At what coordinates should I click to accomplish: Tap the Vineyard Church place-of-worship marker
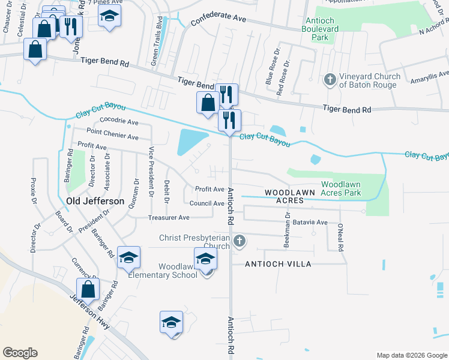[x=330, y=79]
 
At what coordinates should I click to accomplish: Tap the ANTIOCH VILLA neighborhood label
[x=278, y=264]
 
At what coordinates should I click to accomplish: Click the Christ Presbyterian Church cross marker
[x=240, y=242]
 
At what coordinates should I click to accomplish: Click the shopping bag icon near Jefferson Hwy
[x=88, y=289]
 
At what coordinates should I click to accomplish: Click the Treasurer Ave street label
[x=169, y=217]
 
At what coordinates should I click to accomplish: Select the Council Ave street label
[x=209, y=203]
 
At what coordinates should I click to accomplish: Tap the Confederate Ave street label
[x=218, y=20]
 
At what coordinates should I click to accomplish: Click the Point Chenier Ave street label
[x=112, y=131]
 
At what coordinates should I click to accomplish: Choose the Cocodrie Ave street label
[x=119, y=121]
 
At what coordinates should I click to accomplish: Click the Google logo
[x=20, y=353]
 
